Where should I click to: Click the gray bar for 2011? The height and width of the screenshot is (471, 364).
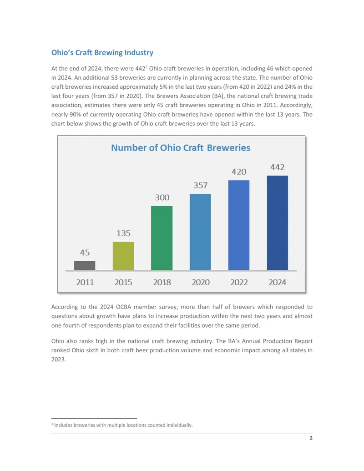(x=85, y=266)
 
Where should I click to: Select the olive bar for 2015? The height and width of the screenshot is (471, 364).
(x=123, y=256)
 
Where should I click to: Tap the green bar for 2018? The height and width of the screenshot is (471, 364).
(x=162, y=238)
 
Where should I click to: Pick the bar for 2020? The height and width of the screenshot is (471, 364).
(x=200, y=232)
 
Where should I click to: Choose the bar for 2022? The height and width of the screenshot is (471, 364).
(x=239, y=225)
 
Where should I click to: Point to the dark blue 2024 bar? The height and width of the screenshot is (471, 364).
(x=278, y=223)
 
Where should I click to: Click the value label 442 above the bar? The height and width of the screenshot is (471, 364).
(x=277, y=167)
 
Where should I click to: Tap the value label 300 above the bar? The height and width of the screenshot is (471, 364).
(x=162, y=198)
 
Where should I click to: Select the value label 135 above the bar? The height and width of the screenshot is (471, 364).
(x=123, y=233)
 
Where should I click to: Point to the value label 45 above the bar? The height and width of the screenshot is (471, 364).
(x=85, y=252)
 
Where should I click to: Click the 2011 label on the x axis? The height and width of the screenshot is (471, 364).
(x=85, y=282)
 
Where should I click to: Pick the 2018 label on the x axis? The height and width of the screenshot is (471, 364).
(x=162, y=282)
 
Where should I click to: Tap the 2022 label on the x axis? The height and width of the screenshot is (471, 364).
(x=239, y=282)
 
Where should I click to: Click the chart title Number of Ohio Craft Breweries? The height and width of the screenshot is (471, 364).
(x=181, y=148)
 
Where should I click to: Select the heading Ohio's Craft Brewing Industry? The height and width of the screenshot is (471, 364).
(x=102, y=53)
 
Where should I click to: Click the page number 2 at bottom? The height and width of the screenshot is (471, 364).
(x=311, y=438)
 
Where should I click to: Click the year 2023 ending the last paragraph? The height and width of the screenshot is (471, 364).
(x=58, y=359)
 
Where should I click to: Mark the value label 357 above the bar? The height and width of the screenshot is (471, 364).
(x=200, y=185)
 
